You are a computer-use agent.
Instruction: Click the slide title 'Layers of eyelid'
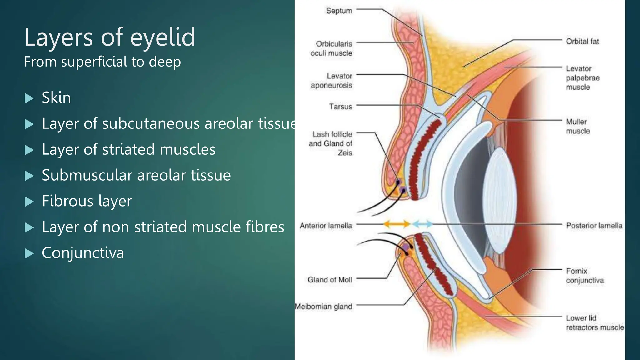(110, 37)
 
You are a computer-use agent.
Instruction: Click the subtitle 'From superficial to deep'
(102, 62)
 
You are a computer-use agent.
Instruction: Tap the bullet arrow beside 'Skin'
(29, 98)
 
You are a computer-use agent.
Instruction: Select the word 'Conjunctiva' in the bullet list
(83, 253)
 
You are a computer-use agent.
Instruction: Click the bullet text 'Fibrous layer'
(87, 201)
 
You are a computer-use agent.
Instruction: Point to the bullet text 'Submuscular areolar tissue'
(136, 175)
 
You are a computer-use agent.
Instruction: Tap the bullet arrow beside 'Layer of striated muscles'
(29, 150)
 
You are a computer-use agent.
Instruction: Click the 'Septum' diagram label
(339, 11)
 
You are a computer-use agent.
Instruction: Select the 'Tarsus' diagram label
(341, 107)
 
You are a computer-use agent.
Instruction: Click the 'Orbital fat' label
(582, 41)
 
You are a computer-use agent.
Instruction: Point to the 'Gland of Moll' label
(330, 280)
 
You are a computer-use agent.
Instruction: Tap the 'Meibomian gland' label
(323, 307)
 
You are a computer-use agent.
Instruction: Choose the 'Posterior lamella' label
(594, 226)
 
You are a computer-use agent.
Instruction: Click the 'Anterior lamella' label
(326, 226)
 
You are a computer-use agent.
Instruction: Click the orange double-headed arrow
(397, 224)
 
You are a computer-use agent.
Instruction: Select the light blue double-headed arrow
(422, 224)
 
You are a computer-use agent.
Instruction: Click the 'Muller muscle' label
(578, 126)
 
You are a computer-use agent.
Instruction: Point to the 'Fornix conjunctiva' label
(585, 276)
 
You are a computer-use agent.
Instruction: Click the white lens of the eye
(498, 200)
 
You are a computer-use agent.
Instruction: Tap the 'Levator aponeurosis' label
(332, 81)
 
